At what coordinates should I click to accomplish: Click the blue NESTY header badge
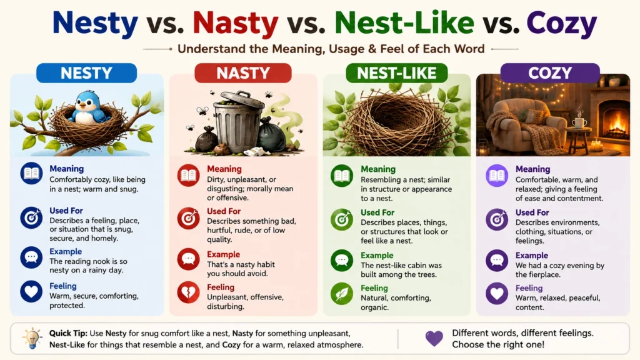tap(86, 73)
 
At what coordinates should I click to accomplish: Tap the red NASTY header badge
tap(243, 73)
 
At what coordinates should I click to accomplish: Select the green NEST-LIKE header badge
tap(397, 73)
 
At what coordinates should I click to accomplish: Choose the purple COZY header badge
tap(550, 73)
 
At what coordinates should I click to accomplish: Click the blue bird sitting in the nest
tap(88, 107)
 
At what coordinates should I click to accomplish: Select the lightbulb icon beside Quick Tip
tap(32, 338)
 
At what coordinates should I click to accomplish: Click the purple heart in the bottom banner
tap(434, 338)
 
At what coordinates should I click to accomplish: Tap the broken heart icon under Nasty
tap(188, 292)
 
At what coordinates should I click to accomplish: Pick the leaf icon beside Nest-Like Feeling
tap(342, 294)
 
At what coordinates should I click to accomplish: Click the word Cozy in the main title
tap(562, 24)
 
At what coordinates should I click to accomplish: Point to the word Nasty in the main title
tap(236, 24)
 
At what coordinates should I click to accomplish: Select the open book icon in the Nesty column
tap(31, 174)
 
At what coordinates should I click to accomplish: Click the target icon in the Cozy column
tap(497, 219)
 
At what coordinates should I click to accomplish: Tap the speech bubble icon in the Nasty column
tap(188, 259)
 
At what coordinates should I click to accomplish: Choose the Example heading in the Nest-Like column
tap(377, 256)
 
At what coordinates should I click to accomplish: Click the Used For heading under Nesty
tap(66, 211)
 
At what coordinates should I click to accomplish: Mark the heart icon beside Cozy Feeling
tap(497, 294)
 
